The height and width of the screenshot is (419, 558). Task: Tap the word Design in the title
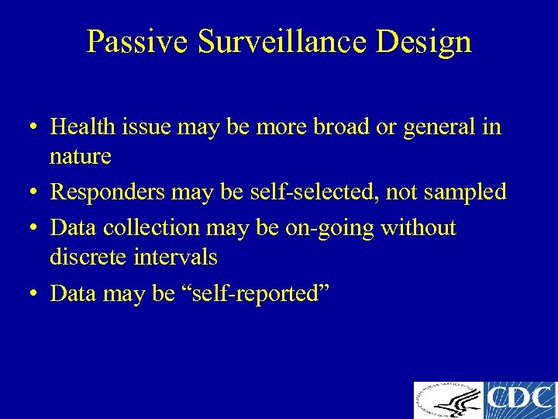point(425,41)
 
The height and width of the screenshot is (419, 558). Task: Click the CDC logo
point(520,400)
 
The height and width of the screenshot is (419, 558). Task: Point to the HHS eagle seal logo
point(448,400)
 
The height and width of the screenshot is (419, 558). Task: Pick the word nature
point(81,156)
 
